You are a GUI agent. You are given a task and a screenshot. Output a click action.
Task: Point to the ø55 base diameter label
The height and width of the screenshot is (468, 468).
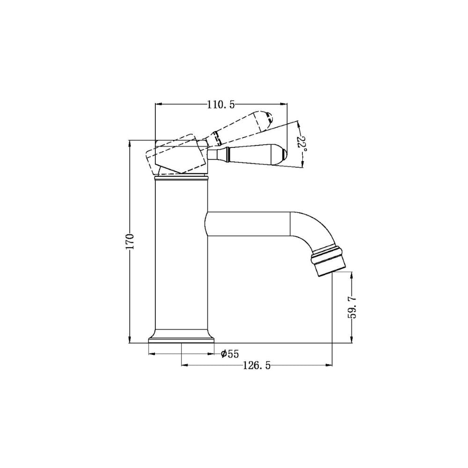pyautogui.click(x=230, y=354)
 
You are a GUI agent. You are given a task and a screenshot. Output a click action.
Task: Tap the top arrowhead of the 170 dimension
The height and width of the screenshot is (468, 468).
pyautogui.click(x=129, y=142)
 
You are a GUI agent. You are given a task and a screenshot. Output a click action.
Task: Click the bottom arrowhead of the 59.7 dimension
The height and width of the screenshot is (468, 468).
pyautogui.click(x=351, y=340)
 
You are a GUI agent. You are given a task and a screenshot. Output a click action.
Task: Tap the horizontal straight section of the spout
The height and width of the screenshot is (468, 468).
pyautogui.click(x=248, y=224)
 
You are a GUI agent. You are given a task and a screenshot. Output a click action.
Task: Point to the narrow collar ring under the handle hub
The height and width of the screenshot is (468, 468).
pyautogui.click(x=181, y=177)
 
